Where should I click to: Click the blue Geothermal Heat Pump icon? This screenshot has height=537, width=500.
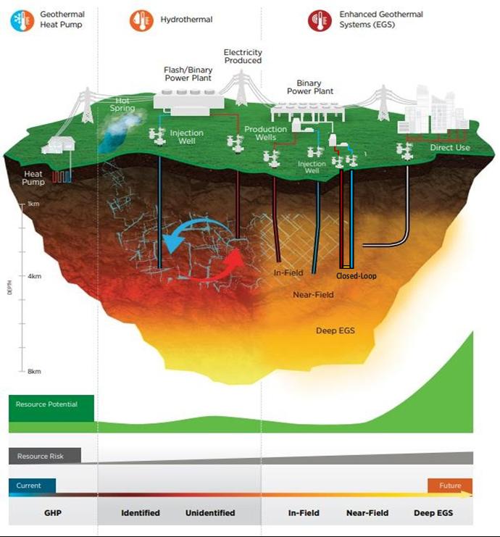21,20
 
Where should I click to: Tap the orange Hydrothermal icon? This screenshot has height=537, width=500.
141,20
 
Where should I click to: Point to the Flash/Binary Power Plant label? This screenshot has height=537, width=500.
186,74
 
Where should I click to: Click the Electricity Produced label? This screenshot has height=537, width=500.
243,57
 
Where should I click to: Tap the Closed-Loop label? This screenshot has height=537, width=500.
356,276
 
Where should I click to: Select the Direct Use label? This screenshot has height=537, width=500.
450,148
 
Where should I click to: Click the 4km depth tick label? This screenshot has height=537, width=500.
33,276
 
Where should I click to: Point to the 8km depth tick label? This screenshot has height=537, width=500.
33,371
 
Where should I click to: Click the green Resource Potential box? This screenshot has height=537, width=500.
51,408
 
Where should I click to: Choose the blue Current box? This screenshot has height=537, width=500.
32,486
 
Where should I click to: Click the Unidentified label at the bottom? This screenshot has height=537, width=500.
210,513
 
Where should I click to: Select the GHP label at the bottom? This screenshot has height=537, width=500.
52,513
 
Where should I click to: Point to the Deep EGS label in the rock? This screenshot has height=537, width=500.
334,330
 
